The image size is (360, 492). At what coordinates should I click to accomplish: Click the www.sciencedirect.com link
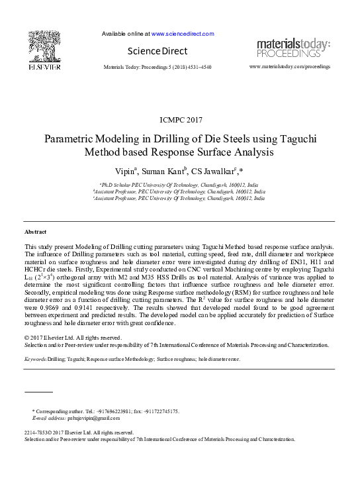(x=183, y=33)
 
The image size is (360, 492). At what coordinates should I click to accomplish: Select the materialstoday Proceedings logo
(x=293, y=48)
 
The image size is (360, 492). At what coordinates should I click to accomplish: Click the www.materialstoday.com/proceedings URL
(x=289, y=68)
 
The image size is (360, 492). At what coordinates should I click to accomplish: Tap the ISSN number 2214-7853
(x=38, y=432)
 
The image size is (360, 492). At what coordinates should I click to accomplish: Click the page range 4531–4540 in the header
(x=197, y=68)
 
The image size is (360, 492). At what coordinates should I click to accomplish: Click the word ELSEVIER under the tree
(x=44, y=66)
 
